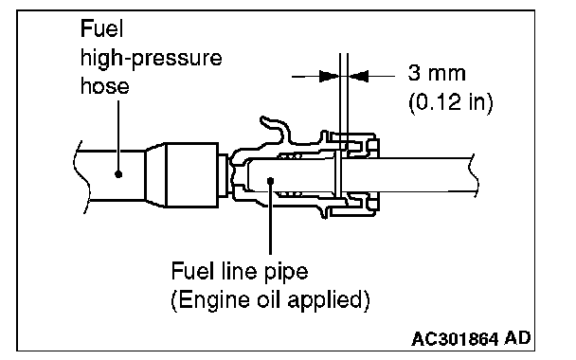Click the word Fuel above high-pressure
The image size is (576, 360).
(101, 28)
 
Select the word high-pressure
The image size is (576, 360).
(151, 59)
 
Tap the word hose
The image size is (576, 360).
(105, 86)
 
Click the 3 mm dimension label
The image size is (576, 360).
(437, 73)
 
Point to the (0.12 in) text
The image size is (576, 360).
(451, 101)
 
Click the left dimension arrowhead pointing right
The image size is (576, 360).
(330, 77)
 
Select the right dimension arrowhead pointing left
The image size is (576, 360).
(358, 77)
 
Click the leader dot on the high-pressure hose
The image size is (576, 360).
(118, 173)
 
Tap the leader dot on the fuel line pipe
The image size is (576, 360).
(270, 181)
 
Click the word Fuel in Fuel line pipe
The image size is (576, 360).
(192, 271)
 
